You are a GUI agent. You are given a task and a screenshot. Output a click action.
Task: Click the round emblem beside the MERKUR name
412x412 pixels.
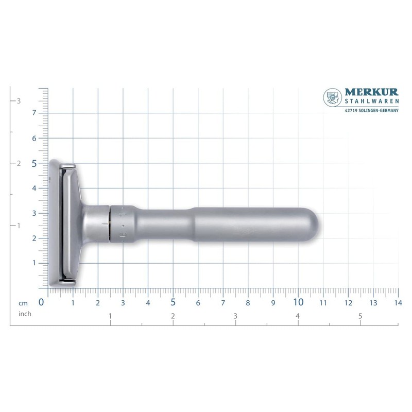[x=333, y=98]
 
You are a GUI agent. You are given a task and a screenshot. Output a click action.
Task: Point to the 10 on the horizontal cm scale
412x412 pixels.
[x=298, y=302]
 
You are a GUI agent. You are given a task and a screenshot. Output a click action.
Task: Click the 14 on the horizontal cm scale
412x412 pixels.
[x=398, y=303]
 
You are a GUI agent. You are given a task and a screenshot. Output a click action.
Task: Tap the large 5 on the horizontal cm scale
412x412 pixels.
[x=173, y=302]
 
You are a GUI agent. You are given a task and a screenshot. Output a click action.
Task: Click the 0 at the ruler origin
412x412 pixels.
[x=41, y=302]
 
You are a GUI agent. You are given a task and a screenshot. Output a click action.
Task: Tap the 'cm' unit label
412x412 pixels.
[x=23, y=303]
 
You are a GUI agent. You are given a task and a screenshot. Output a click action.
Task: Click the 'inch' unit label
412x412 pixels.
[x=25, y=313]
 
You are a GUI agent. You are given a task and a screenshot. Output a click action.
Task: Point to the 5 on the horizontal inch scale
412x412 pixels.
[x=360, y=315]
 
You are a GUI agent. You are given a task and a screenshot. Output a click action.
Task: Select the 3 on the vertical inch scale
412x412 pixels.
[x=19, y=101]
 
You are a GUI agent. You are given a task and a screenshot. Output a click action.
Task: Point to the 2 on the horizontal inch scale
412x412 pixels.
[x=173, y=315]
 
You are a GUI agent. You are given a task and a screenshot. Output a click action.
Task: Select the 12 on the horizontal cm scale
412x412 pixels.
[x=348, y=303]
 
